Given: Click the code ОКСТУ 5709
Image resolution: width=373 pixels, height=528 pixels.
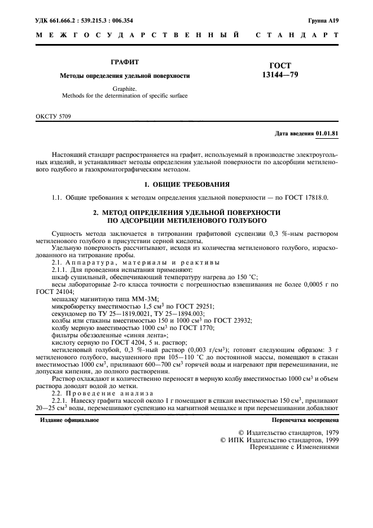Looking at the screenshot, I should point(54,116).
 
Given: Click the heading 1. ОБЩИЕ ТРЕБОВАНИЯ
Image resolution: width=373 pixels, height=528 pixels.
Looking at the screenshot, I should point(186,184).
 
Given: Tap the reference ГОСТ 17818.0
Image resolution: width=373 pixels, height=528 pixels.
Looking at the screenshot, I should point(305,197).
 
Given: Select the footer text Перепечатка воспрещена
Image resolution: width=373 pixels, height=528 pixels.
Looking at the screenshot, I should point(305,420).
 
